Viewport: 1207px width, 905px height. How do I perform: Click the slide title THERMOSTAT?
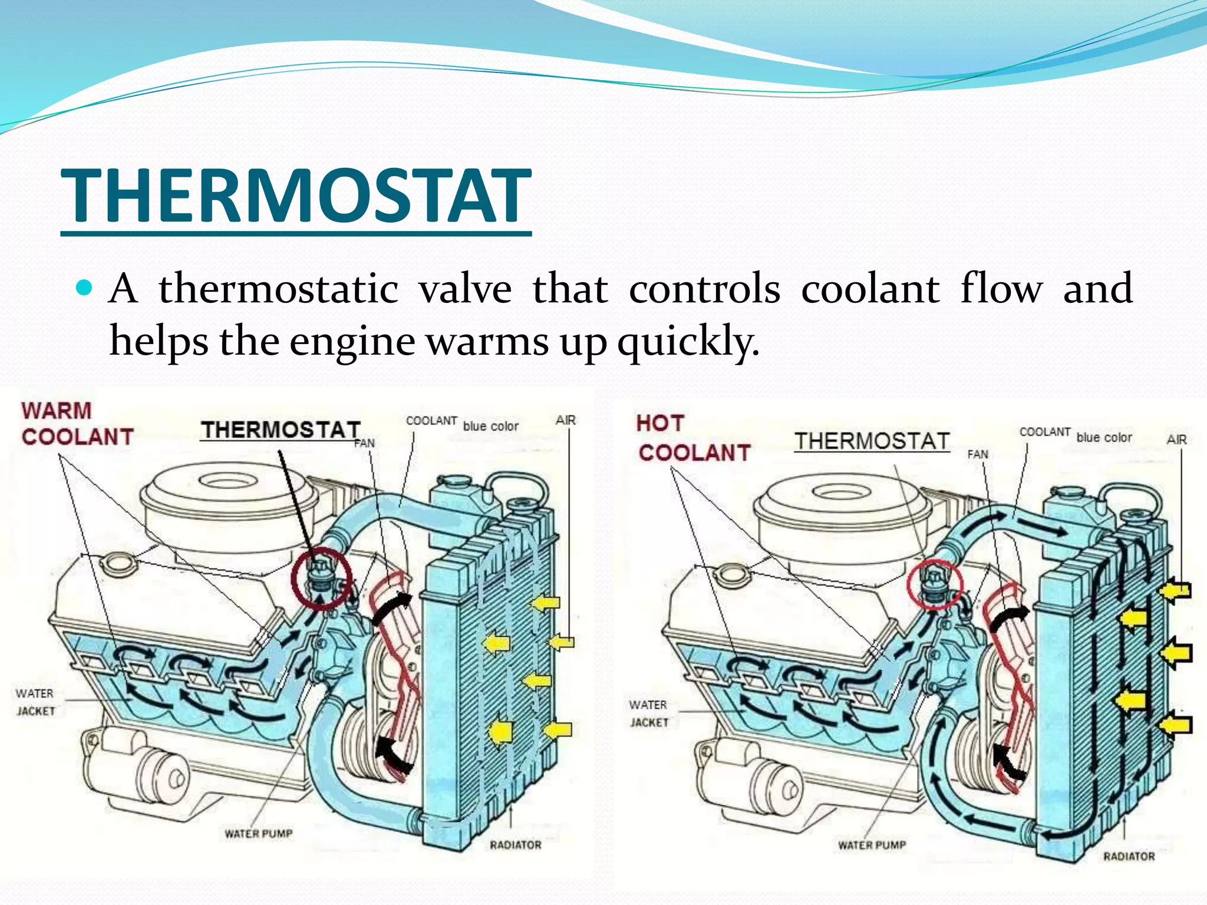[x=296, y=196]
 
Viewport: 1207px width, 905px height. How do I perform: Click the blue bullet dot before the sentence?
[x=85, y=288]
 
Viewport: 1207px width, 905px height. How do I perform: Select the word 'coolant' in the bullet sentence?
[x=870, y=289]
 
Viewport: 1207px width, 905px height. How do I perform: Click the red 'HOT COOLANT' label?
[x=692, y=438]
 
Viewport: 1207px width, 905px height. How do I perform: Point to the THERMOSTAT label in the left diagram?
[x=281, y=430]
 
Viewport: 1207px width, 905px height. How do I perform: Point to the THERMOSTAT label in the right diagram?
[x=872, y=441]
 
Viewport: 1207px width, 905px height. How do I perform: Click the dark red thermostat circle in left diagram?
[x=322, y=578]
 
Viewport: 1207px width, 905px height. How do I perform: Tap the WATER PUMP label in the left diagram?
[x=258, y=834]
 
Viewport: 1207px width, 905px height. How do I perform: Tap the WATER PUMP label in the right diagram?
[x=872, y=845]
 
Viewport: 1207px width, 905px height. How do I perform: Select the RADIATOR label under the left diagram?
[x=515, y=845]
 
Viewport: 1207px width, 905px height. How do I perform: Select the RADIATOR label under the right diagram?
[x=1129, y=856]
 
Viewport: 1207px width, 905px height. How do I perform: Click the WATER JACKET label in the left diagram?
[x=35, y=702]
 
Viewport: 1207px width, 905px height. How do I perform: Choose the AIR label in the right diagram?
[x=1176, y=440]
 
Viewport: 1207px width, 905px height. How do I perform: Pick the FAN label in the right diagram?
[x=977, y=454]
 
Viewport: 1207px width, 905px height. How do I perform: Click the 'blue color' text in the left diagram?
[x=490, y=426]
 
